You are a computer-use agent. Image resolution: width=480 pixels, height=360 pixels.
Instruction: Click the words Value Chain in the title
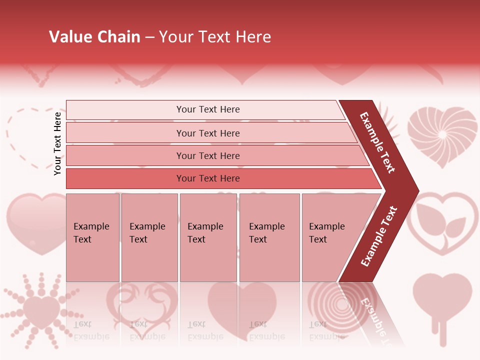[x=94, y=37]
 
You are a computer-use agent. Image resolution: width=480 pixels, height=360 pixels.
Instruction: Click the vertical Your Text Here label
[x=57, y=143]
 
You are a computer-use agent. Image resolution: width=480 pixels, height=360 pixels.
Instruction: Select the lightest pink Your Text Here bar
[x=207, y=109]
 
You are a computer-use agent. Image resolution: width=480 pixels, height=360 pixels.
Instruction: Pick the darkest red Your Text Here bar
[x=207, y=178]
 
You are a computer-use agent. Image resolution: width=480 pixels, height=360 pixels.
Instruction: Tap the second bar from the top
[x=207, y=133]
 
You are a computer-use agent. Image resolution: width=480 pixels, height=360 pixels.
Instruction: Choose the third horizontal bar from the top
[x=207, y=155]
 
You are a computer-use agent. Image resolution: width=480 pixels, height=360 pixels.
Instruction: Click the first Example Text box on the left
[x=92, y=237]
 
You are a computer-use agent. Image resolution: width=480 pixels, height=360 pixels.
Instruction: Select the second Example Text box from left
[x=149, y=237]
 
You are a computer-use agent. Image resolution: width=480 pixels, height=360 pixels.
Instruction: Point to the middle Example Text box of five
[x=208, y=237]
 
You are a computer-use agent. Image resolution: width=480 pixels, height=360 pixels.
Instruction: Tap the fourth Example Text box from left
[x=269, y=237]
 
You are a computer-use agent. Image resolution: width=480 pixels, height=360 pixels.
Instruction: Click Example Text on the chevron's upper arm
[x=378, y=142]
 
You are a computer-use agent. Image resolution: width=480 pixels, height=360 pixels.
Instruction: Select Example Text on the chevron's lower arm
[x=379, y=236]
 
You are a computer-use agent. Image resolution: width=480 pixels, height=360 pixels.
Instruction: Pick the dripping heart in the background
[x=442, y=300]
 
